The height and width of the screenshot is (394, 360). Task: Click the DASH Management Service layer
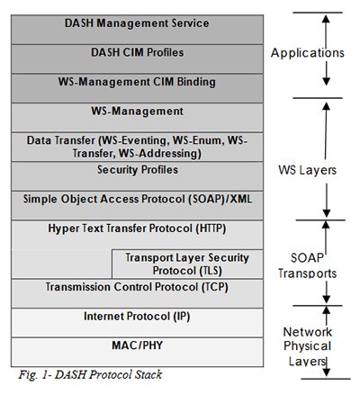(x=138, y=22)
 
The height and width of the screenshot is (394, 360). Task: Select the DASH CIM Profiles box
(x=138, y=52)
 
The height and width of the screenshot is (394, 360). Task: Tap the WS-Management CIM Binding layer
(x=138, y=82)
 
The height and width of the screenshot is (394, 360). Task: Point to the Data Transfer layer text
(x=138, y=147)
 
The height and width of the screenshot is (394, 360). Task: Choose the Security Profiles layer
(x=138, y=169)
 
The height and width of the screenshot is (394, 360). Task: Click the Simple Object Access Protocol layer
(x=138, y=199)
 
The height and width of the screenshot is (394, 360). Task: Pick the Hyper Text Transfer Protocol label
(x=138, y=228)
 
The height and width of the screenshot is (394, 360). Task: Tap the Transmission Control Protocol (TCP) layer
(x=138, y=287)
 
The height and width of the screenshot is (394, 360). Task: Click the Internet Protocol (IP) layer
(x=138, y=317)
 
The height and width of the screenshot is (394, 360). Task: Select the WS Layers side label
(x=306, y=168)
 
